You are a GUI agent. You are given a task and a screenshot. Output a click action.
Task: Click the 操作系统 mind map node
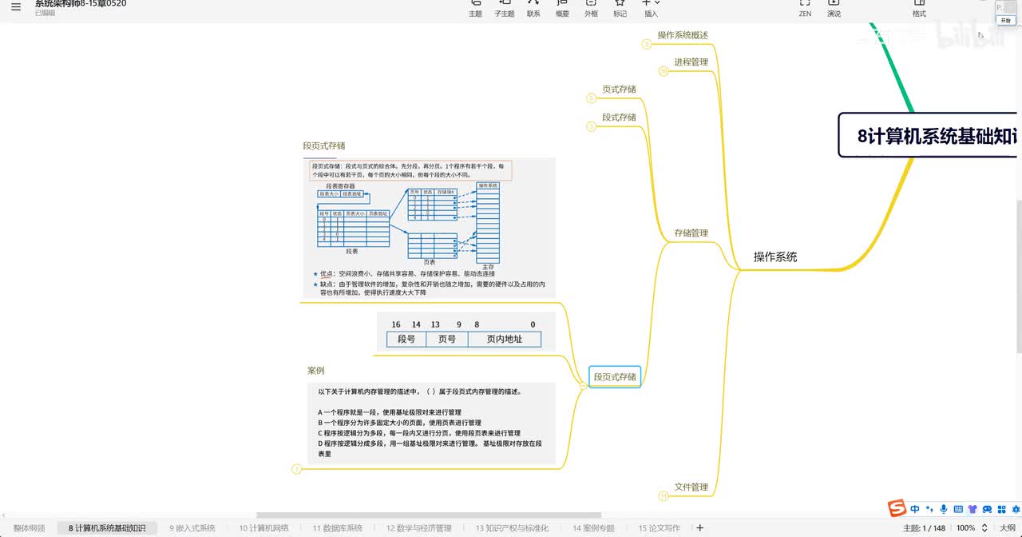click(774, 257)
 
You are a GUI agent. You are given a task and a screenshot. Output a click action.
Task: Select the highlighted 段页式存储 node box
click(615, 376)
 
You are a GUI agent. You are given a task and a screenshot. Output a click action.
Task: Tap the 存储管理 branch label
click(691, 233)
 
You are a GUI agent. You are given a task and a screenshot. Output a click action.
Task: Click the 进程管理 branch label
click(691, 62)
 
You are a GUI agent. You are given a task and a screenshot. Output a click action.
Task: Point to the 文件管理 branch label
click(691, 487)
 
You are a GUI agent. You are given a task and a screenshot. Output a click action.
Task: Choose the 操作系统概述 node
click(683, 35)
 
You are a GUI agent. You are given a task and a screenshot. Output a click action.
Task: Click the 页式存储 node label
click(619, 89)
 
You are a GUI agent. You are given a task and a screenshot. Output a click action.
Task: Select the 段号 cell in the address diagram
click(406, 339)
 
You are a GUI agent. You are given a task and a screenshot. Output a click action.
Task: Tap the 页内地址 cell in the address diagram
click(505, 339)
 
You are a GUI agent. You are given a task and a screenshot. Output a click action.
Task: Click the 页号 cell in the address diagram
click(447, 339)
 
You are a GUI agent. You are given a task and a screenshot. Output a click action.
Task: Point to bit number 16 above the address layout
click(396, 324)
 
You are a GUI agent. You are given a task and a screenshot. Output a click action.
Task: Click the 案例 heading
click(316, 371)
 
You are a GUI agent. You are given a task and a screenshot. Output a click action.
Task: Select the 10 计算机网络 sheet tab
click(263, 528)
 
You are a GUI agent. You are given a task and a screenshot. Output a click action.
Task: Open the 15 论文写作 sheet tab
click(659, 528)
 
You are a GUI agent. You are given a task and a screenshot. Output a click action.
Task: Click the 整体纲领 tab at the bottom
click(30, 528)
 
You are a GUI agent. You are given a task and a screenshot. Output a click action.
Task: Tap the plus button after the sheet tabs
click(700, 528)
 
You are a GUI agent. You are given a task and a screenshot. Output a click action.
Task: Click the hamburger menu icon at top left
click(16, 7)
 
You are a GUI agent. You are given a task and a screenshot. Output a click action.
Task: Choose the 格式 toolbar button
click(919, 8)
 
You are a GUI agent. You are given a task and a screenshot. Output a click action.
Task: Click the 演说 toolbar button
click(834, 8)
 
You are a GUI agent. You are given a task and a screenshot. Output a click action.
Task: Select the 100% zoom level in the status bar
click(965, 528)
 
